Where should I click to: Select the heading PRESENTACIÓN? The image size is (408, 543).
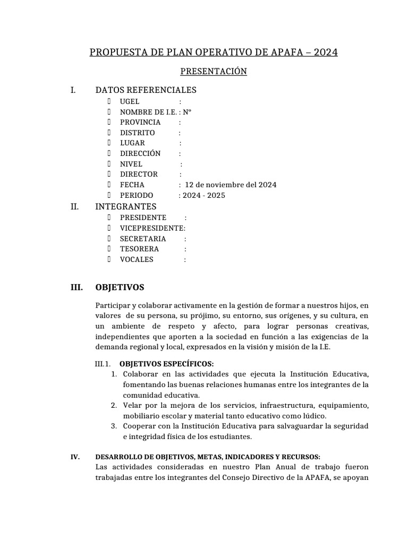click(214, 71)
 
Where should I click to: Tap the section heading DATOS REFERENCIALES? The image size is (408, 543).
click(146, 90)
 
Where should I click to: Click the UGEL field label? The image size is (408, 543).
click(130, 101)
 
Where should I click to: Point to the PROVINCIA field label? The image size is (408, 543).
click(140, 122)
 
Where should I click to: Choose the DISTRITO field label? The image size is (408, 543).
click(137, 133)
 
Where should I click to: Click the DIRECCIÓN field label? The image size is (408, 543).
click(140, 153)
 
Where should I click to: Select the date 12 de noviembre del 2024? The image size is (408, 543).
click(231, 185)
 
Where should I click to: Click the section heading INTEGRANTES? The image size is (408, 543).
click(125, 206)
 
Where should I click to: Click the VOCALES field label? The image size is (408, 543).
click(137, 259)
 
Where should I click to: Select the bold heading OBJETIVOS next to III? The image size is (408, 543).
click(120, 287)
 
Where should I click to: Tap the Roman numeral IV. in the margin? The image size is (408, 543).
click(75, 457)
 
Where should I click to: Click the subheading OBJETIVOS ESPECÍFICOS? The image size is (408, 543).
click(167, 364)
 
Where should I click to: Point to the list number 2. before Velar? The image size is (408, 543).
click(114, 406)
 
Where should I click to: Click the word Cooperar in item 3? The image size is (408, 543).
click(139, 426)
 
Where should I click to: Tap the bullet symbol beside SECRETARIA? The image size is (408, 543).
click(108, 239)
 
